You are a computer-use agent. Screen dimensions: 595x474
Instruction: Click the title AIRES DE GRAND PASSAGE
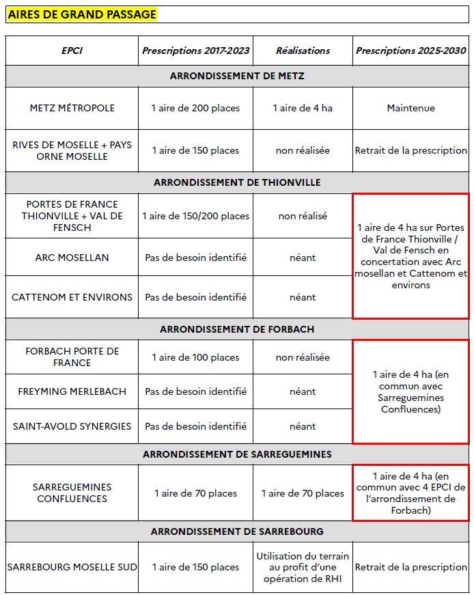click(82, 14)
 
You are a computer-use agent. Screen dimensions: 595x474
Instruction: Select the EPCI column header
click(72, 51)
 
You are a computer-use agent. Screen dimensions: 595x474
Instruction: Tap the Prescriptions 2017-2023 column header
click(195, 51)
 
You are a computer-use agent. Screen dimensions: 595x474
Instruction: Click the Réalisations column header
click(303, 51)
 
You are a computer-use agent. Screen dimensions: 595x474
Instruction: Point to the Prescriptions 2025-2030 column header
click(411, 51)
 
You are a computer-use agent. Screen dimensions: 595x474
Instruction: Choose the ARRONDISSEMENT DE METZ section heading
click(237, 76)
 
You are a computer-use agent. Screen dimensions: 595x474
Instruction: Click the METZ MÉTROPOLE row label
click(72, 108)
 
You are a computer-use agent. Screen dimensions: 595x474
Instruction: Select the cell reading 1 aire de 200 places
click(195, 108)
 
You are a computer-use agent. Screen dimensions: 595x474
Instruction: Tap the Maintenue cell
click(411, 108)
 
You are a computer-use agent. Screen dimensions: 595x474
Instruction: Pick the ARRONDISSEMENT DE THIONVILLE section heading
click(237, 183)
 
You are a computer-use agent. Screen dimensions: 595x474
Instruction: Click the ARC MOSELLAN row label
click(72, 258)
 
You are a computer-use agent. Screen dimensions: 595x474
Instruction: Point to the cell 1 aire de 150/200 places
click(195, 216)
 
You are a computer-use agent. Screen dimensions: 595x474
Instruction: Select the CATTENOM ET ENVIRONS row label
click(72, 297)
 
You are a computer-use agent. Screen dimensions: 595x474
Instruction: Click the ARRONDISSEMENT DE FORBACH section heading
click(237, 329)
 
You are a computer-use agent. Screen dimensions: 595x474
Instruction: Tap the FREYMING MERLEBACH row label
click(72, 391)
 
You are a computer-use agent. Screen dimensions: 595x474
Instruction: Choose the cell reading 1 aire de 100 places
click(195, 357)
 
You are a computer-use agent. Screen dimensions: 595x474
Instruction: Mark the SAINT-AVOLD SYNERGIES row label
click(72, 426)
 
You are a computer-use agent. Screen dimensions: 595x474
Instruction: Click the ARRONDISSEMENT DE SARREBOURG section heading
click(237, 531)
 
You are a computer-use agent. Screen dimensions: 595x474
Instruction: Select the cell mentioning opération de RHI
click(303, 567)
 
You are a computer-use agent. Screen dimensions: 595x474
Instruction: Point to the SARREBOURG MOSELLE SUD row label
click(72, 567)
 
